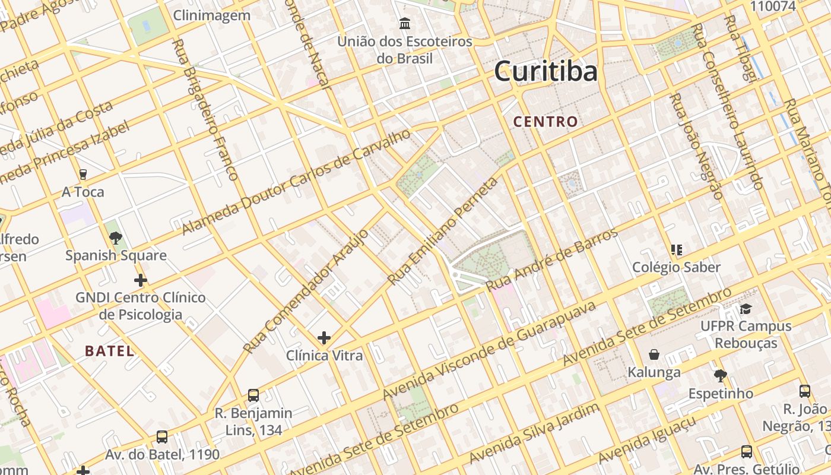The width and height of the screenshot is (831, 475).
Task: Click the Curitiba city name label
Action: coord(545,72)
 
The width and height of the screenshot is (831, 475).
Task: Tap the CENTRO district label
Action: coord(545,122)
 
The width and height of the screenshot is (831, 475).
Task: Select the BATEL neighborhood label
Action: coord(109,351)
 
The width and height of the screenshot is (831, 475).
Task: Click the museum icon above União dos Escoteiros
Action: coord(405,24)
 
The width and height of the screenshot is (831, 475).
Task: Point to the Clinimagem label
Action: coord(212,15)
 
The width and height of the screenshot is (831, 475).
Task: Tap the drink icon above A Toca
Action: coord(83,174)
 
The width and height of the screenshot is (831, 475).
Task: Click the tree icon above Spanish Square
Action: coord(116,238)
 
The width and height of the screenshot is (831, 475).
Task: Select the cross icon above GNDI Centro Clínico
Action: coord(141,280)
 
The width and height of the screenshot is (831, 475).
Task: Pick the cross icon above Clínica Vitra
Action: coord(324,338)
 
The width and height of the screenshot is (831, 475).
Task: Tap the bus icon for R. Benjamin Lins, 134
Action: coord(253,395)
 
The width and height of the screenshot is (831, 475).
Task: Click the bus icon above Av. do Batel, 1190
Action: coord(162,437)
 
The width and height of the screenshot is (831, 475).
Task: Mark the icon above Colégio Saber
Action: coord(676,249)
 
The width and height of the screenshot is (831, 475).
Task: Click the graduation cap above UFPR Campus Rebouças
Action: coord(746,309)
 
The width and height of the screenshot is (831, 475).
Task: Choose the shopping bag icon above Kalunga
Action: coord(654,354)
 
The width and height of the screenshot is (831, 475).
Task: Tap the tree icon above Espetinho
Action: coord(721,375)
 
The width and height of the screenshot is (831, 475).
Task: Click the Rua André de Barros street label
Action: coord(552,260)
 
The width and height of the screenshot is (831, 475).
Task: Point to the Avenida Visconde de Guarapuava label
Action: coord(489,351)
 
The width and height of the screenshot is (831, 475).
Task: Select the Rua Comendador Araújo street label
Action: coord(306,291)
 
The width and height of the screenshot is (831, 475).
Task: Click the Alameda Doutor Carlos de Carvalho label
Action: coord(296,181)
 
